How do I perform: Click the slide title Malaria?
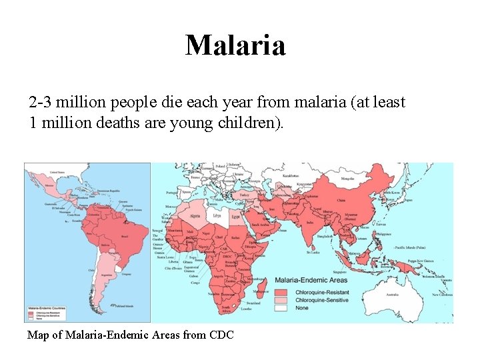click(x=235, y=45)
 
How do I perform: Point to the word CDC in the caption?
click(x=221, y=335)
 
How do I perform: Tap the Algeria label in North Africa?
click(x=195, y=216)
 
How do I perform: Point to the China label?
click(x=341, y=199)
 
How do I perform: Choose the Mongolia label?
click(x=347, y=179)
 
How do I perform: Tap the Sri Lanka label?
click(x=312, y=253)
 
